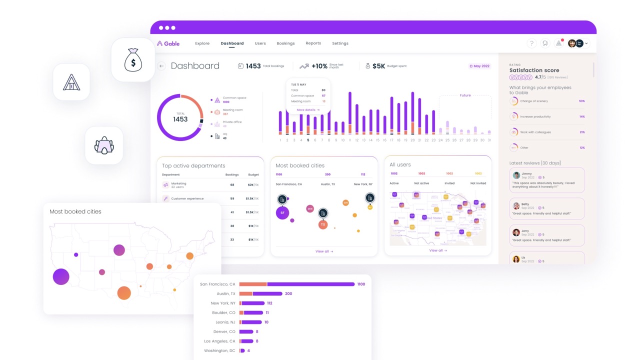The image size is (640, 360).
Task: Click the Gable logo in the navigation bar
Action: [x=168, y=43]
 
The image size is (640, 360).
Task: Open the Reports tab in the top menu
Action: [x=313, y=43]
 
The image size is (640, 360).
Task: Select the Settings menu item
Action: [x=340, y=43]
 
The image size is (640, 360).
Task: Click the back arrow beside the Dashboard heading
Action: [x=161, y=66]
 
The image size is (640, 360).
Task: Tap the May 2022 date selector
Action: [x=479, y=66]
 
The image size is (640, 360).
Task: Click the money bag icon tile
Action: [x=133, y=60]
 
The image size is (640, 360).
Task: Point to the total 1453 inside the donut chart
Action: [x=180, y=119]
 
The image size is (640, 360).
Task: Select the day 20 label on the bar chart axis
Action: [x=412, y=140]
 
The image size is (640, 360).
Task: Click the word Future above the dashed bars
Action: [x=465, y=95]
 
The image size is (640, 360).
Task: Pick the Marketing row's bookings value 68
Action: [x=232, y=185]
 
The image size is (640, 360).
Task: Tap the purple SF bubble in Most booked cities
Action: [x=282, y=212]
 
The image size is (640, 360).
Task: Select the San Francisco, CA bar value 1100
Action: [x=361, y=284]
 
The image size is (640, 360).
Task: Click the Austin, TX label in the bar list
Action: [x=226, y=293]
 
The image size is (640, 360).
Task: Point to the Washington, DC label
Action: [x=219, y=350]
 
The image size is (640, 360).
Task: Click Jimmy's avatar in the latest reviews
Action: [x=516, y=175]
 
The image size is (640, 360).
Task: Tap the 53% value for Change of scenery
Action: [x=581, y=101]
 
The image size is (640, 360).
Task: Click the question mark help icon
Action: [x=531, y=43]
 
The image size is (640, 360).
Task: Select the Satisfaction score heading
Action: [x=534, y=70]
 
